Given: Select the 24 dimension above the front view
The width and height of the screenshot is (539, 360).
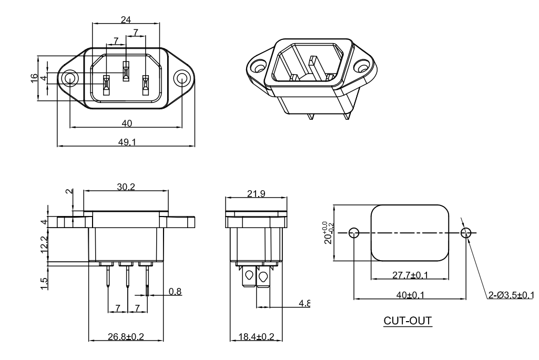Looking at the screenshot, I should (126, 19).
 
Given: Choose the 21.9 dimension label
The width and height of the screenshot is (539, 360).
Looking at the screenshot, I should (256, 193).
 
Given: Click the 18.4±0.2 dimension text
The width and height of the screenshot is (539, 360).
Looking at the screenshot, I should (256, 336).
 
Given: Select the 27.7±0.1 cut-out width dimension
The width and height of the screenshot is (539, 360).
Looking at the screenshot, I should (410, 274).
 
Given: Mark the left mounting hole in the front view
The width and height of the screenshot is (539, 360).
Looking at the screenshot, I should (69, 79).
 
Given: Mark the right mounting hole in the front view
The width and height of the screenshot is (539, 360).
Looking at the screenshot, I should (181, 79).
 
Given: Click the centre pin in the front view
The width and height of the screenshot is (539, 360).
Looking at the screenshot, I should (126, 71).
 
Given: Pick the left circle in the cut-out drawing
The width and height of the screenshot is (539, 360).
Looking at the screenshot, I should (354, 233).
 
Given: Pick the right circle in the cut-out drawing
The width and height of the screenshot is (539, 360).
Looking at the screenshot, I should (465, 233).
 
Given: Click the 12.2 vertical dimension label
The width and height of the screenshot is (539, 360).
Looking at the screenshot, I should (45, 244).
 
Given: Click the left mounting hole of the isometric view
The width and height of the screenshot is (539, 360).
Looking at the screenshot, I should (258, 67).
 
